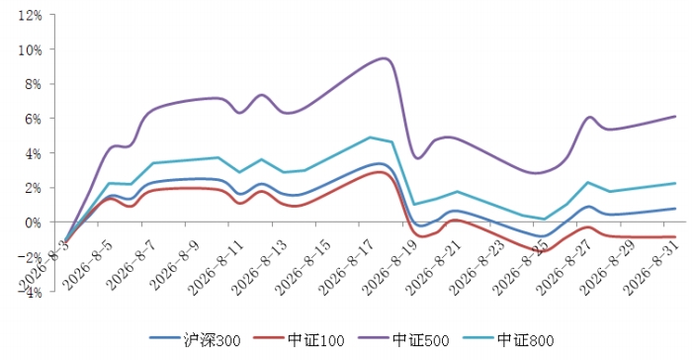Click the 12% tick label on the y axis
30,16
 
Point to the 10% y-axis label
30,50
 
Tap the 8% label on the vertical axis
33,84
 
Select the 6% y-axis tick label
33,119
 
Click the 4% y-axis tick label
33,153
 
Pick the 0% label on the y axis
33,223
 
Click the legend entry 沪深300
195,339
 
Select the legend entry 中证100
300,339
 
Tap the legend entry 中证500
403,339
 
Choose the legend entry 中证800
508,339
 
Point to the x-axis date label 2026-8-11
216,267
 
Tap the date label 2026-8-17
346,267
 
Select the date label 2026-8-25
520,267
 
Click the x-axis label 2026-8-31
650,267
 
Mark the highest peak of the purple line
384,58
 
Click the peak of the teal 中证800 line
370,137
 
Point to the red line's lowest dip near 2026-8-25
543,251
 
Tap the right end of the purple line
675,117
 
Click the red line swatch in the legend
268,338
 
